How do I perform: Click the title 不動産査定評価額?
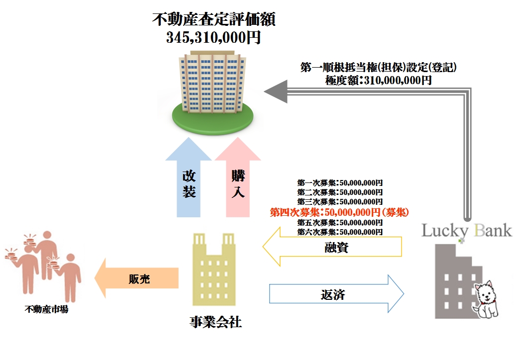pyautogui.click(x=213, y=20)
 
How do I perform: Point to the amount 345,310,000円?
pyautogui.click(x=213, y=38)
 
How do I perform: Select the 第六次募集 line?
pyautogui.click(x=340, y=232)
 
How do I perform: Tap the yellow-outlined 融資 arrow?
pyautogui.click(x=333, y=247)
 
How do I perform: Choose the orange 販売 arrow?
pyautogui.click(x=136, y=279)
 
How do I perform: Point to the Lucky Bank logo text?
pyautogui.click(x=466, y=231)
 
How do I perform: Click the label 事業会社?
pyautogui.click(x=215, y=322)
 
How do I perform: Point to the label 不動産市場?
pyautogui.click(x=46, y=309)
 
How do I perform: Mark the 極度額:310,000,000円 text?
pyautogui.click(x=379, y=80)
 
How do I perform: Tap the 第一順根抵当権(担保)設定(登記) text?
pyautogui.click(x=379, y=68)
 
